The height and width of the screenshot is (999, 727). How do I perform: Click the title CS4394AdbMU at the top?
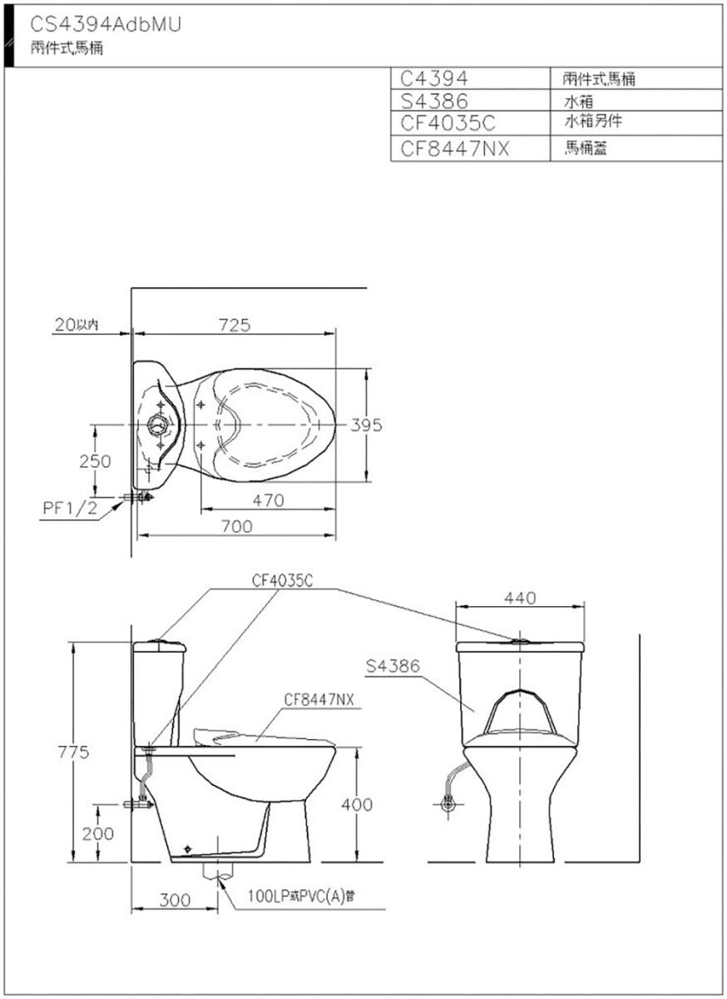[x=106, y=25]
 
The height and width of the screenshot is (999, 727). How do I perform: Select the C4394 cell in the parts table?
[x=433, y=78]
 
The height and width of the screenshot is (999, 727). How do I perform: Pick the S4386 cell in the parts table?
[x=434, y=101]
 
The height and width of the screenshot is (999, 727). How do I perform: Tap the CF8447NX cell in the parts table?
[x=454, y=148]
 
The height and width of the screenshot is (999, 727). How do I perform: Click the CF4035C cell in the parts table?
[x=448, y=122]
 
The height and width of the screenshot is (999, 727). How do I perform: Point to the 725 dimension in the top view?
[x=235, y=326]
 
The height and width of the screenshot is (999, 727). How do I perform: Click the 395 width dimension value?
[x=366, y=425]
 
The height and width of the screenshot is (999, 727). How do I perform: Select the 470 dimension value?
[x=269, y=500]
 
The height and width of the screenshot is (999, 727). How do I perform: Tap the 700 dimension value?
[x=237, y=526]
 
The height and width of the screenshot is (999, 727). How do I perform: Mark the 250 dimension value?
[x=96, y=461]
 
